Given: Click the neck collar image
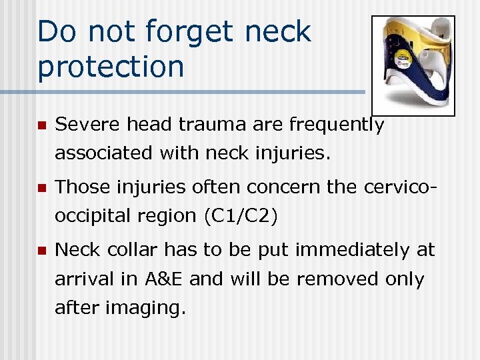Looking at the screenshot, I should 413,65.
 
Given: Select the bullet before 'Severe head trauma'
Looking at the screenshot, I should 41,125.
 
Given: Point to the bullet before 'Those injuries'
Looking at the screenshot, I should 41,188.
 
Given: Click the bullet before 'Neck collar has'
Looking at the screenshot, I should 41,251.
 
